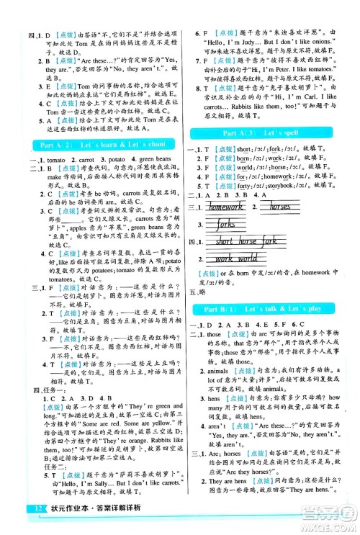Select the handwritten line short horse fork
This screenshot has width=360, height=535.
[x=246, y=242]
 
